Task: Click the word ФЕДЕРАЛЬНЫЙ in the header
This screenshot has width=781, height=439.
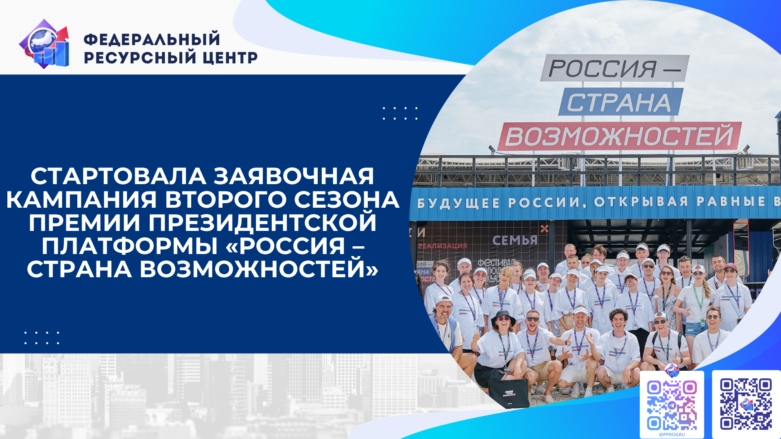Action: (x=152, y=39)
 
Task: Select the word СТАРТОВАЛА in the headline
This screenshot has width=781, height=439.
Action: (x=118, y=176)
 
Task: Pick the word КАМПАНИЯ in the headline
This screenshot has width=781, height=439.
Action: (x=81, y=200)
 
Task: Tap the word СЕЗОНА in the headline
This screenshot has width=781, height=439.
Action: (x=346, y=200)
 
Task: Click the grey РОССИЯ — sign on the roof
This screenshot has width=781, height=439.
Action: (x=614, y=68)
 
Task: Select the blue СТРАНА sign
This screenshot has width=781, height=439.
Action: (x=620, y=102)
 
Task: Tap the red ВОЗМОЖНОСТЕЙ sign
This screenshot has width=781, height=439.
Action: (x=619, y=136)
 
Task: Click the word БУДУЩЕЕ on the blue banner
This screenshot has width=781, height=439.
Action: (x=458, y=203)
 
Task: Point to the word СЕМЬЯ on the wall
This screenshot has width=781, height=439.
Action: (x=515, y=241)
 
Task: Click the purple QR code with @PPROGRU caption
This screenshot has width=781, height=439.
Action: (x=672, y=405)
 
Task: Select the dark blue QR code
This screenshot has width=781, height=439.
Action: (x=746, y=404)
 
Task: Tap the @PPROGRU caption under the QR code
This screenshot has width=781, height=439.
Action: (x=672, y=435)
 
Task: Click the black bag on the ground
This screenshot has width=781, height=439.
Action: (x=508, y=393)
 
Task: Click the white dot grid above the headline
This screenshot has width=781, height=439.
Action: (x=400, y=113)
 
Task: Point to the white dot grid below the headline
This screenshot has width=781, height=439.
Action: (x=42, y=338)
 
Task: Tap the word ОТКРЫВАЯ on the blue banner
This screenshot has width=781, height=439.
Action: (x=641, y=202)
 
